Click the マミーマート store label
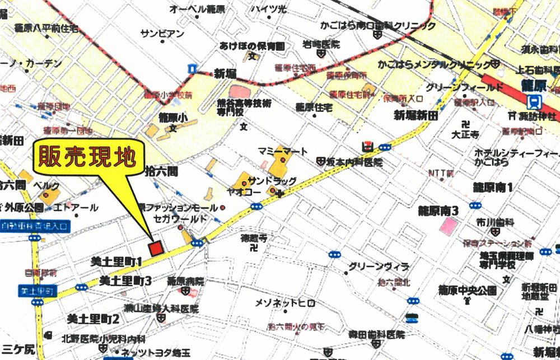tap(283, 151)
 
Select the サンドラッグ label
tap(273, 181)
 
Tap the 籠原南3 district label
tap(439, 211)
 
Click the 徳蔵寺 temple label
tap(253, 238)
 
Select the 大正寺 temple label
tap(466, 135)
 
